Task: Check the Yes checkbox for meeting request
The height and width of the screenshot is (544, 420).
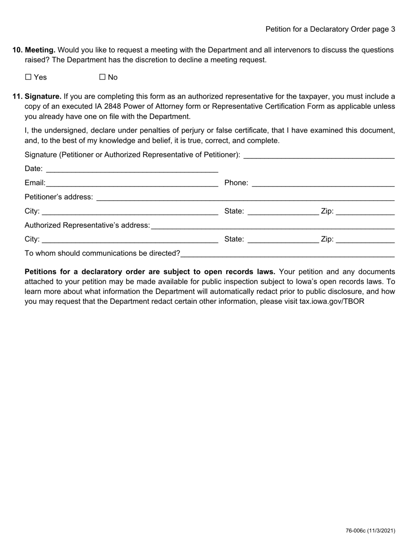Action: [29, 77]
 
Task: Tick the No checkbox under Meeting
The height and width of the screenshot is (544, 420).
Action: [103, 77]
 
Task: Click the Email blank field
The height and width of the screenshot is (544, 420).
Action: [132, 183]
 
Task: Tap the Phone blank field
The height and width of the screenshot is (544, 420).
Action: [323, 183]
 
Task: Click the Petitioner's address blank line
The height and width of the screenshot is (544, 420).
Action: [245, 197]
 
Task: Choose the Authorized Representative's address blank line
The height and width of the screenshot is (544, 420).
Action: [272, 226]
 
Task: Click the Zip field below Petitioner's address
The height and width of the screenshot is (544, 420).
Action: [365, 211]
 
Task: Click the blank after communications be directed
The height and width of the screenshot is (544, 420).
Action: [287, 253]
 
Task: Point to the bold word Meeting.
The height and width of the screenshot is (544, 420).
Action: [40, 50]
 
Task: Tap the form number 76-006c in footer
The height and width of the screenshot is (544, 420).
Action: [355, 531]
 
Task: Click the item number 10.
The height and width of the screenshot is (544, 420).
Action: [17, 50]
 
